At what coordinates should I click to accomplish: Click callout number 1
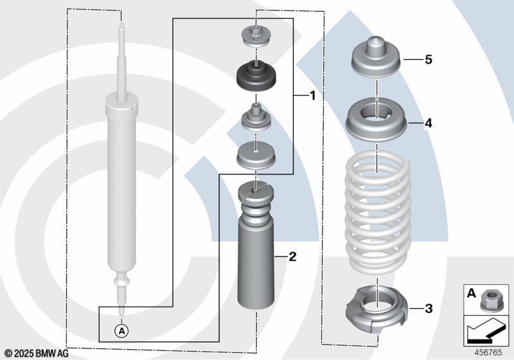tap(312, 96)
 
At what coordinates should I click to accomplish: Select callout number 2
tap(292, 257)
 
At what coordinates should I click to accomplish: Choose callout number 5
tap(428, 60)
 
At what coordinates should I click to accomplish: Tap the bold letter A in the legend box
tap(472, 294)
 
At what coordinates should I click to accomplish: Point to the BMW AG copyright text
tap(37, 352)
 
